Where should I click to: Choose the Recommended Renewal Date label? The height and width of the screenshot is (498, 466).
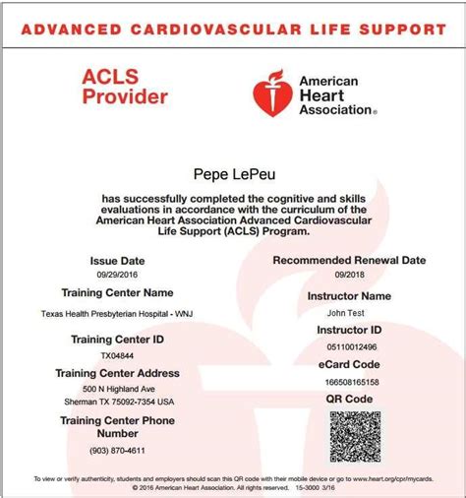348,260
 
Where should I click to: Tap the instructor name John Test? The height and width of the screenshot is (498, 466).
348,312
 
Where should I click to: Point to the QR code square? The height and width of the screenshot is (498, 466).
354,437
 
